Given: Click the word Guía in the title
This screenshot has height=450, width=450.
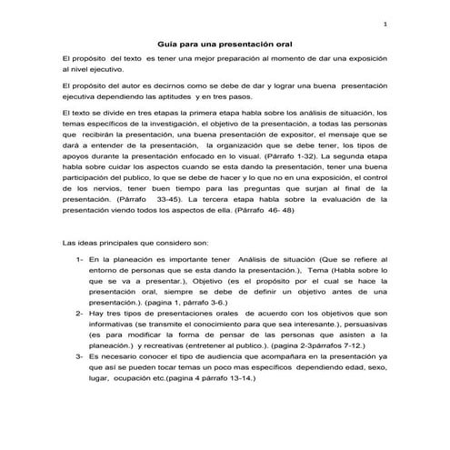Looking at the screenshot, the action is click(x=169, y=44).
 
